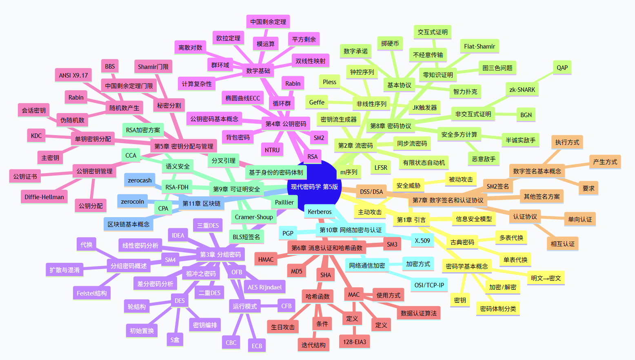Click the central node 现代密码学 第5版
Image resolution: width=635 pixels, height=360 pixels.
314,187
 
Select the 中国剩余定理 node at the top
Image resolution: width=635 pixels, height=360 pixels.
268,22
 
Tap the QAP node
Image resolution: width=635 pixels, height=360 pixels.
562,68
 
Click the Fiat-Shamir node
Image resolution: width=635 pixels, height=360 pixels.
480,47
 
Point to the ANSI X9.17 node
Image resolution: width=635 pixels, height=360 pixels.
73,76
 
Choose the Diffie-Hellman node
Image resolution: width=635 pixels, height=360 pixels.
44,197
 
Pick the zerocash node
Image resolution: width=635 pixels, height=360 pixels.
140,180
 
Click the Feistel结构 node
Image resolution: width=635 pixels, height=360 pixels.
92,293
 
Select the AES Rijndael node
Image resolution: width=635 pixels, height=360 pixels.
265,287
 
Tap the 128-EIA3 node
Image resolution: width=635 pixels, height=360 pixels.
355,342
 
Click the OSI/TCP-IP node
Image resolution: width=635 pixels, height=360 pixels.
429,285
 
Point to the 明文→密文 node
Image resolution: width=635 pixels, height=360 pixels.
546,278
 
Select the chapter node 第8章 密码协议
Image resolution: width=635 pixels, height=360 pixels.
391,126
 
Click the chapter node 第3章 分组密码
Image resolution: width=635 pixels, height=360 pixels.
220,255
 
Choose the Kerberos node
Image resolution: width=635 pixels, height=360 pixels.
320,212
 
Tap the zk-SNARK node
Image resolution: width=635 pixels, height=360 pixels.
522,90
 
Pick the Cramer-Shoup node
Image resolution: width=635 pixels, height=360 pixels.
254,217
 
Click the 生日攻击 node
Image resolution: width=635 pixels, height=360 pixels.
283,327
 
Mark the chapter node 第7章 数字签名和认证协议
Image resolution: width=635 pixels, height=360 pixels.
448,200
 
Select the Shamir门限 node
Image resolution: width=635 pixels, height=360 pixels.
153,67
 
